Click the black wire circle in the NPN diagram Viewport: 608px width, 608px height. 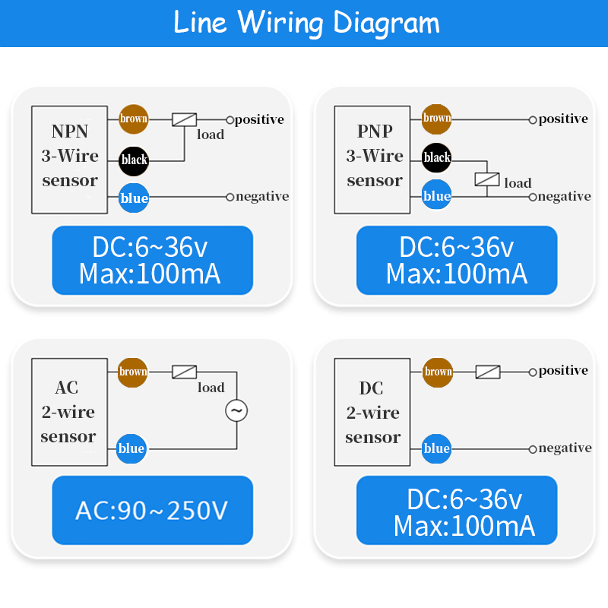tap(134, 160)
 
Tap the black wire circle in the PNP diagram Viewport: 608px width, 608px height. tap(437, 157)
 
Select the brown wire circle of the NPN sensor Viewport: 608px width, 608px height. tap(134, 119)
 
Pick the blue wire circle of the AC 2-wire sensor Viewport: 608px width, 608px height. tap(131, 448)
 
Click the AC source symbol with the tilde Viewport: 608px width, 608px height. tap(236, 411)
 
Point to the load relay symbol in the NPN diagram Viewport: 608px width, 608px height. tap(185, 119)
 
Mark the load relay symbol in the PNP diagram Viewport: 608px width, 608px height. tap(487, 180)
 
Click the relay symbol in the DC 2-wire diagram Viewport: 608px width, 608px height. tap(488, 372)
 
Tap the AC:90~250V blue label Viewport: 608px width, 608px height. tap(152, 510)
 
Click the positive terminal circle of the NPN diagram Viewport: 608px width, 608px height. tap(230, 119)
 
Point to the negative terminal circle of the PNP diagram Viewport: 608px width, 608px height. tap(533, 197)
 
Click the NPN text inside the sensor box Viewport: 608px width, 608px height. tap(70, 131)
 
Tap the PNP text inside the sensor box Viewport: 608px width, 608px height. tap(375, 131)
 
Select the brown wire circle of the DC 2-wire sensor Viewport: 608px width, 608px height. tap(438, 372)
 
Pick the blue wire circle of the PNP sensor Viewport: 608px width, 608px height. tap(437, 196)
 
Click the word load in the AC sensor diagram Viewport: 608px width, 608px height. tap(211, 388)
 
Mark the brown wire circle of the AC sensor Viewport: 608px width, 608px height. tap(133, 372)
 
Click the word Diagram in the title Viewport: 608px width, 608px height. tap(387, 22)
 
